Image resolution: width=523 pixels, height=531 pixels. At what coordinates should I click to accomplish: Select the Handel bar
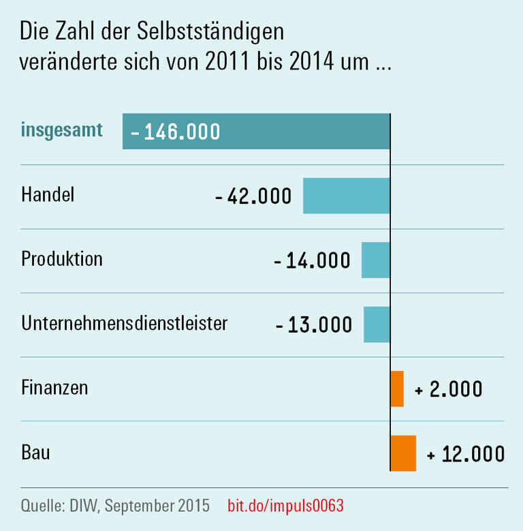(346, 196)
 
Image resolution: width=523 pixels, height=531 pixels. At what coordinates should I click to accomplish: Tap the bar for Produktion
(375, 260)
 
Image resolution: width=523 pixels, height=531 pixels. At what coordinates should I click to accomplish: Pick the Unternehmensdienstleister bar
(377, 324)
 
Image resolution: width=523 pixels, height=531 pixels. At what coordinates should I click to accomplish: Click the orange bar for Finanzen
(397, 389)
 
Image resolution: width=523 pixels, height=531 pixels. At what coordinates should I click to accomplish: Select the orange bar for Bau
(402, 453)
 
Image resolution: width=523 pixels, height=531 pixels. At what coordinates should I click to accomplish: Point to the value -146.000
(176, 132)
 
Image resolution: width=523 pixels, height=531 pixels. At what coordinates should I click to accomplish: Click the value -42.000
(253, 196)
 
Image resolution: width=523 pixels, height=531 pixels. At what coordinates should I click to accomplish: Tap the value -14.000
(312, 260)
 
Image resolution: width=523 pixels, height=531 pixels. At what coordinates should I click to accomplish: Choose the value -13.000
(314, 325)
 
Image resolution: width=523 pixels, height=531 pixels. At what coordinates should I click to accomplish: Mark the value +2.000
(448, 389)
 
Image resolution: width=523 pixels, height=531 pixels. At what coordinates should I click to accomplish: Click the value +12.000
(466, 454)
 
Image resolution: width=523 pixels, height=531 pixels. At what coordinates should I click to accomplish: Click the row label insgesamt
(62, 130)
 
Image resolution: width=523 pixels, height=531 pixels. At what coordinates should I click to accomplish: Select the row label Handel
(48, 194)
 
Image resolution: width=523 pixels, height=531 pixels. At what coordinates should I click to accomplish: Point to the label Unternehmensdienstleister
(124, 323)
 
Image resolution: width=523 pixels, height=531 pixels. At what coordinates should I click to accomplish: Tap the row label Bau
(35, 452)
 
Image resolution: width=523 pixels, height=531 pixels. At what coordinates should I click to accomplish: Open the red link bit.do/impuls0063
(285, 506)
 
